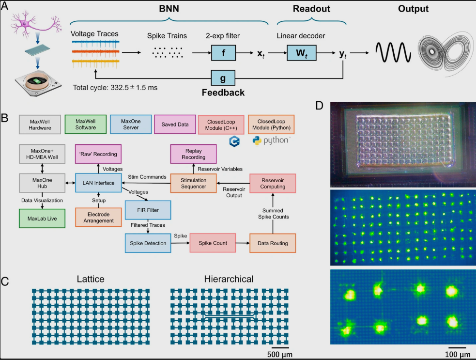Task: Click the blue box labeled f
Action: tap(223, 52)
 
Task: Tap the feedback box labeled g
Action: tap(223, 78)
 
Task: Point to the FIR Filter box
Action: tap(148, 210)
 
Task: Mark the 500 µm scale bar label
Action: tap(279, 355)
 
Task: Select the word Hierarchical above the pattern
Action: tap(215, 279)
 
